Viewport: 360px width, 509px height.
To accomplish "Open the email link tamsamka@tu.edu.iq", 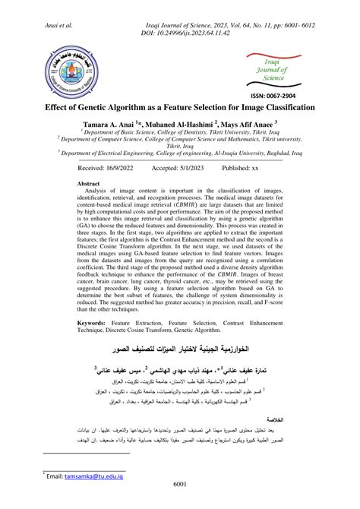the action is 90,477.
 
